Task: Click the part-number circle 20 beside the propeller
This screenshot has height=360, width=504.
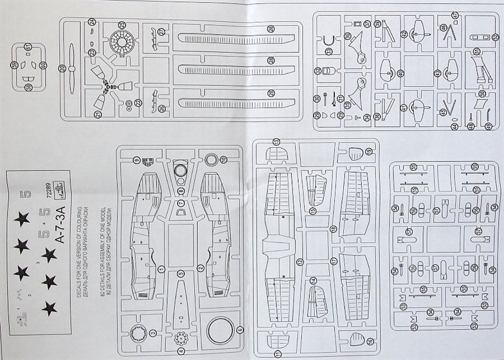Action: click(x=62, y=68)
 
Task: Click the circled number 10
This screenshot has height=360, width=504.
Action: click(x=222, y=159)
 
